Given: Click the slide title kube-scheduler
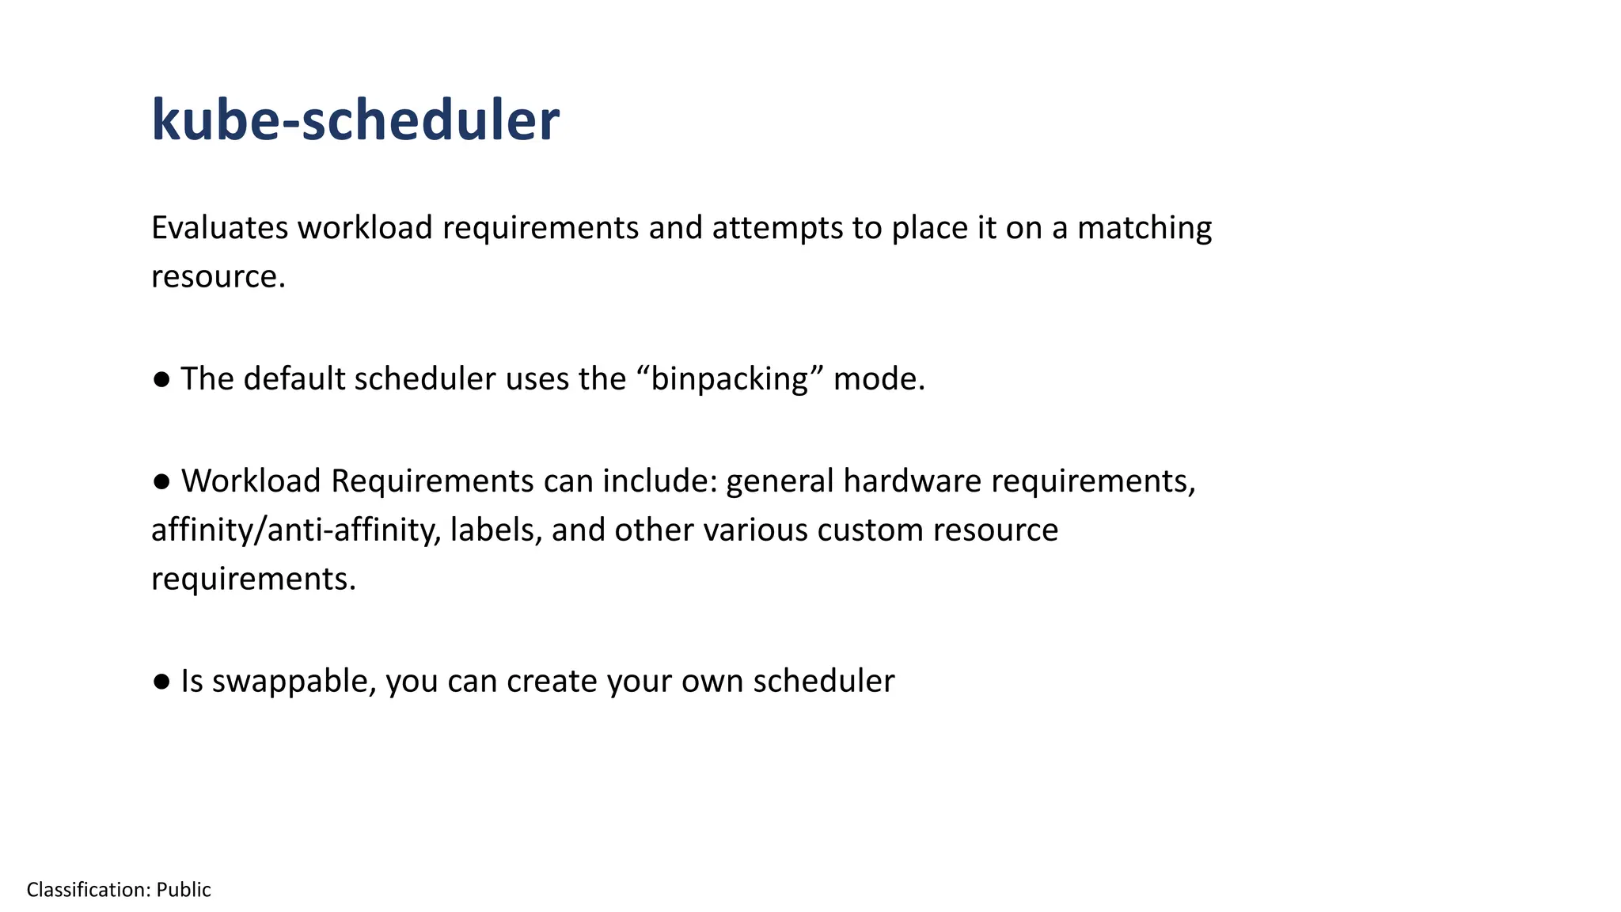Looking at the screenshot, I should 355,120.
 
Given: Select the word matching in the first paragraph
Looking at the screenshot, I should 1145,228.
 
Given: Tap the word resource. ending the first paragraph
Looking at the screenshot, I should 218,277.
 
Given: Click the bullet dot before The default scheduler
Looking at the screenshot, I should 161,380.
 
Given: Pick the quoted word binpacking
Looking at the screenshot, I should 730,379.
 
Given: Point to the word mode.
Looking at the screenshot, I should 879,379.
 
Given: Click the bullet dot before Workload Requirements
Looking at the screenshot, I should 161,481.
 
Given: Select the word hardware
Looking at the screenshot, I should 912,481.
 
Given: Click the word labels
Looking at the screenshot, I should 495,530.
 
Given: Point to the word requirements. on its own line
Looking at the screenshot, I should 253,579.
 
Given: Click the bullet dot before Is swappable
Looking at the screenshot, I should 161,682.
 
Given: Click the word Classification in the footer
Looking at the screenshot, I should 88,890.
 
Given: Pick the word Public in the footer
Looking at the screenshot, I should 184,890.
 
